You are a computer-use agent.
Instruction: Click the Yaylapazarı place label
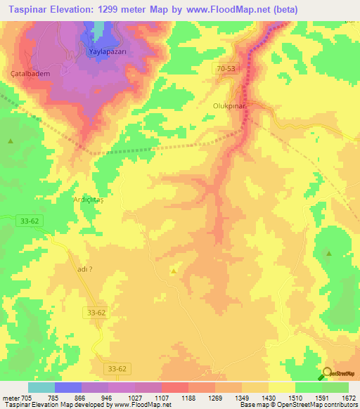[107, 53]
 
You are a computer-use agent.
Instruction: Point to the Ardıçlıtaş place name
[89, 200]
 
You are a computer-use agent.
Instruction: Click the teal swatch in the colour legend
[41, 387]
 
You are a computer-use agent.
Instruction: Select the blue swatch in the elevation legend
[68, 387]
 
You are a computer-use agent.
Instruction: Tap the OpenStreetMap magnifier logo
[326, 374]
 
